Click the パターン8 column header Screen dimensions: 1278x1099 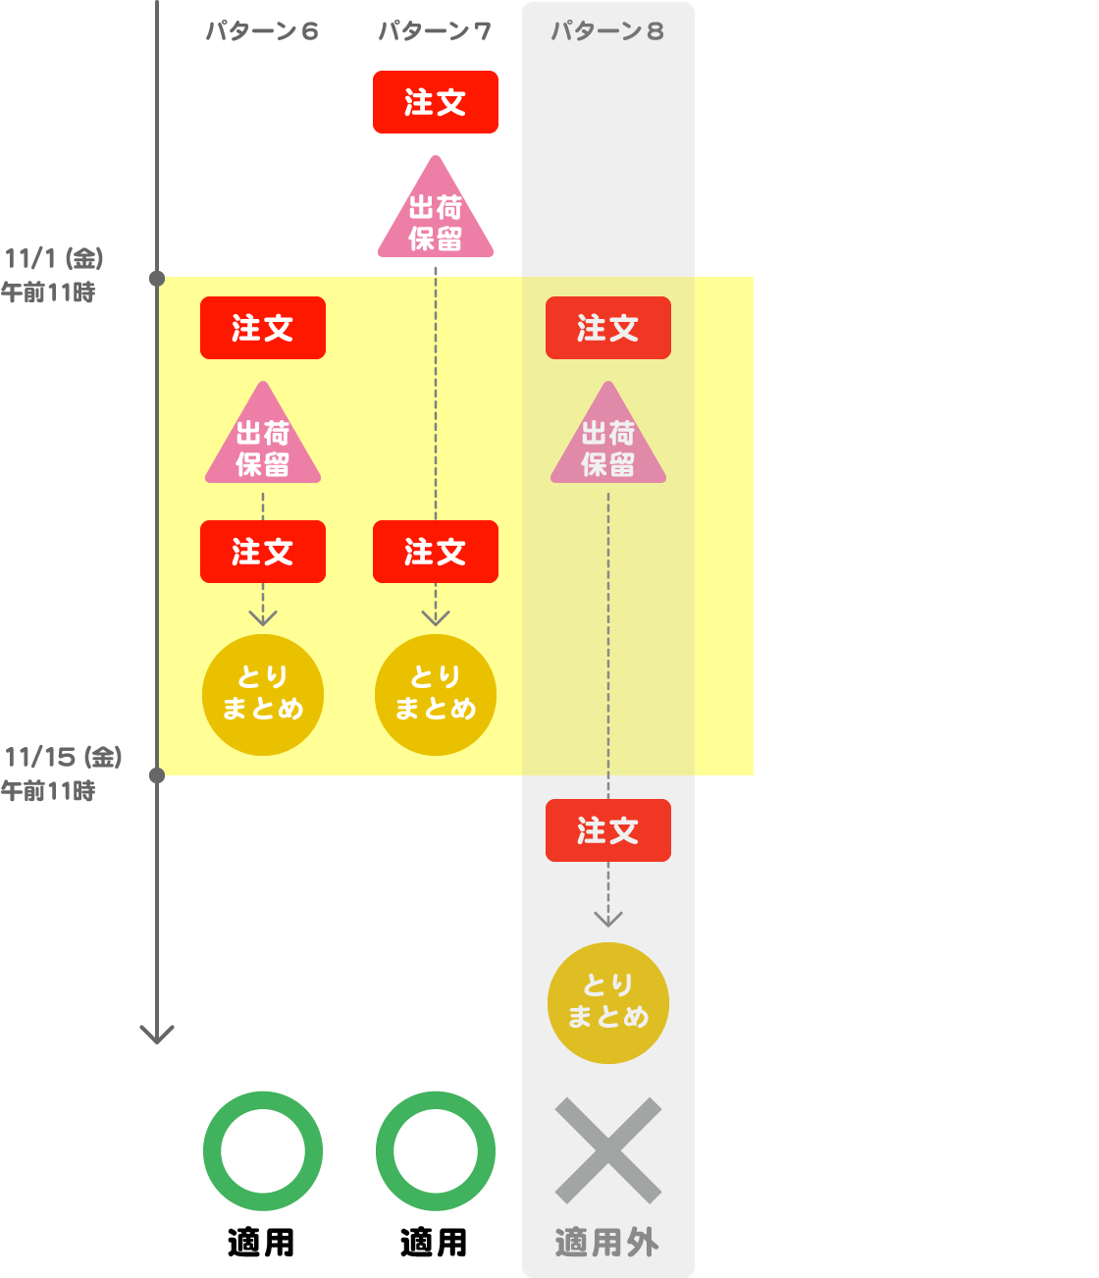tap(607, 31)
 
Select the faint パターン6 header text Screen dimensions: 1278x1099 tap(262, 31)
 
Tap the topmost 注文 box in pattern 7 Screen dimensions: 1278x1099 tap(435, 101)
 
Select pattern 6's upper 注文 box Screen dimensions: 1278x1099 tap(263, 328)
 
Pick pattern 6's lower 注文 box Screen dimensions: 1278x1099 tap(263, 552)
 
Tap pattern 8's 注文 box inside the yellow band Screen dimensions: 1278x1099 tap(608, 328)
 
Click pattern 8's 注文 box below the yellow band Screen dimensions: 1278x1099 tap(608, 830)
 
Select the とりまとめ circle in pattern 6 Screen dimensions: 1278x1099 tap(263, 695)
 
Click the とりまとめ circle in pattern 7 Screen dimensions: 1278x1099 tap(436, 695)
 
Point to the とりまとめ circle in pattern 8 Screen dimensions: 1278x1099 tap(608, 1002)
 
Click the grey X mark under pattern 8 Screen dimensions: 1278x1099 tap(608, 1150)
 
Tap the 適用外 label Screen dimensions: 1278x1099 tap(607, 1243)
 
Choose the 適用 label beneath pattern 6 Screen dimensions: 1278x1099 tap(262, 1243)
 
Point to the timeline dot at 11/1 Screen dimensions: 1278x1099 tap(157, 279)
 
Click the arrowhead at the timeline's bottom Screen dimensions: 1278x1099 tap(157, 1035)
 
